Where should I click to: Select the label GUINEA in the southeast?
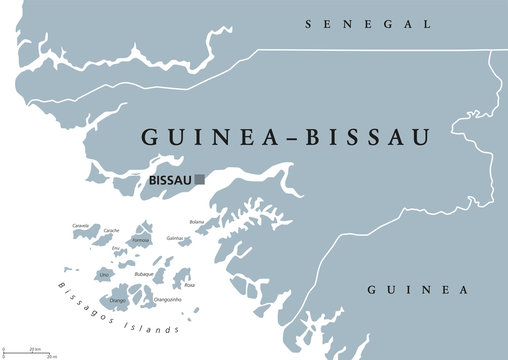coord(418,290)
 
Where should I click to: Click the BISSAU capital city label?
coord(169,181)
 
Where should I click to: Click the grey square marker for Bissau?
coord(200,180)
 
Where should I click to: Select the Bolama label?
coord(196,222)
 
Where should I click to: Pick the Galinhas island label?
coord(175,239)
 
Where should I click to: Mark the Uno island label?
coord(104,273)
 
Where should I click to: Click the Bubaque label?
coord(144,272)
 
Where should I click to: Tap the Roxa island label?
coord(189,285)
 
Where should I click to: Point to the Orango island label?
coord(117,298)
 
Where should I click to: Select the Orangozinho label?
coord(166,298)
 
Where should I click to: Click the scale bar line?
coord(28,353)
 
